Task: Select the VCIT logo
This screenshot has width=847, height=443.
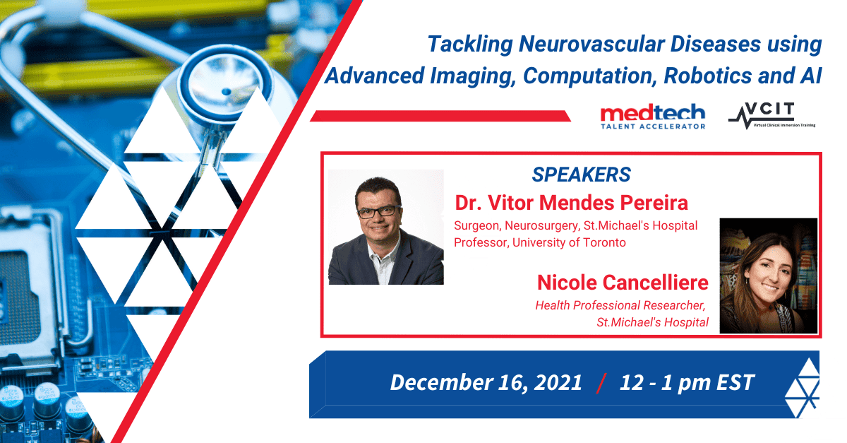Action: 771,115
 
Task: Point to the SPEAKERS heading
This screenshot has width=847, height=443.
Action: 581,175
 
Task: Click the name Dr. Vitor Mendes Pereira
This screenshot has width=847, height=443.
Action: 571,203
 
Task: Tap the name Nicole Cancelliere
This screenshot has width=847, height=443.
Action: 623,283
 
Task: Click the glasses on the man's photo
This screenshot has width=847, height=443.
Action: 379,212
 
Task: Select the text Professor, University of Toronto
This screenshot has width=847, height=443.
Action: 540,242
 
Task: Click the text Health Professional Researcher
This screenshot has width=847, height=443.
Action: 620,305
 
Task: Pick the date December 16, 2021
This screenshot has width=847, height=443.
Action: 486,382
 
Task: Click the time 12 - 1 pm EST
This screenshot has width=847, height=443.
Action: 687,382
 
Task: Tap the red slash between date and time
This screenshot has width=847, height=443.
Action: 601,384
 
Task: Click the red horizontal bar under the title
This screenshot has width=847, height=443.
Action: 440,116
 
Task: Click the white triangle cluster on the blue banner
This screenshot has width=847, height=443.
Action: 803,388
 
